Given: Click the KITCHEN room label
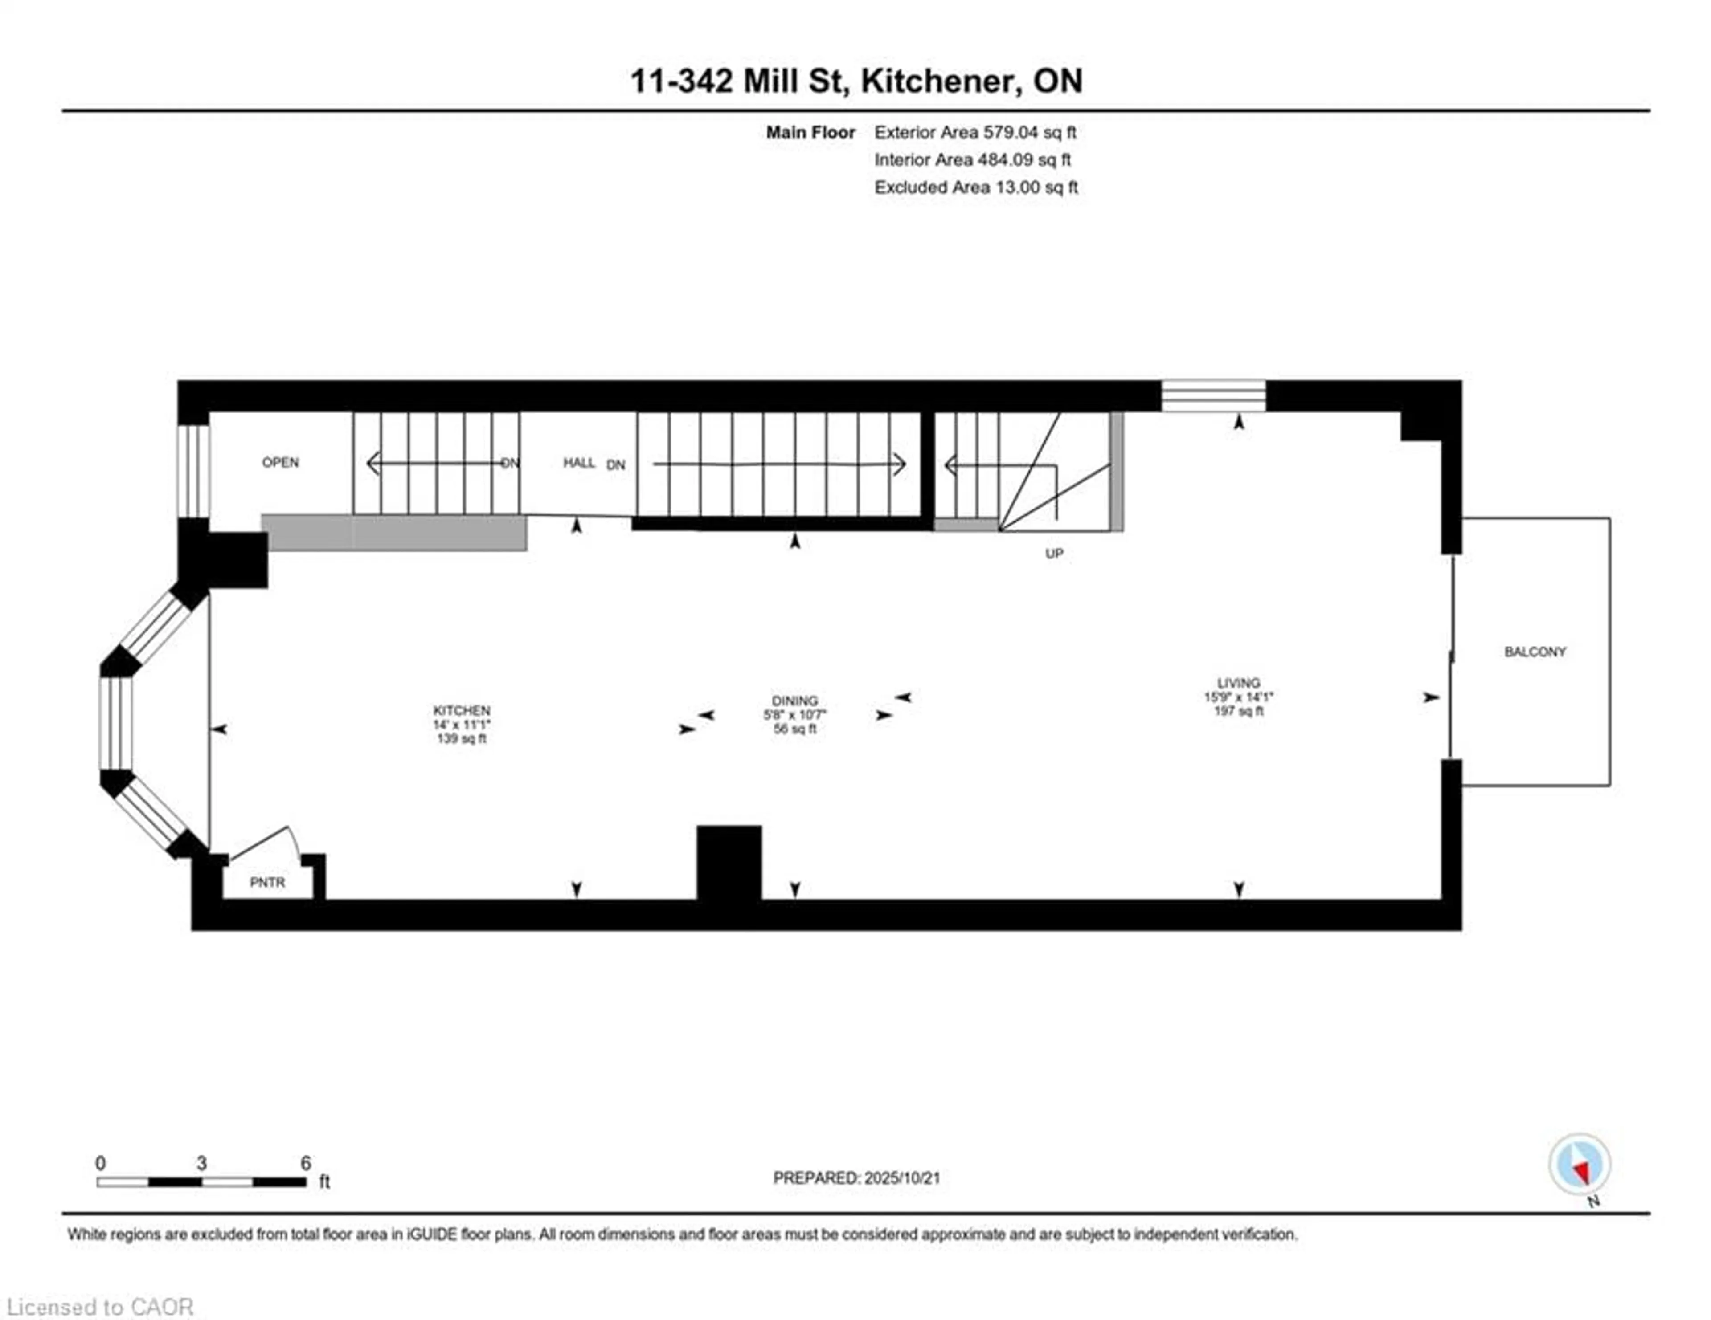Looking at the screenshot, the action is coord(462,710).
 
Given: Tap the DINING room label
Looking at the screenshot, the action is coord(794,701).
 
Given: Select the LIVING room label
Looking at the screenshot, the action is coord(1239,683).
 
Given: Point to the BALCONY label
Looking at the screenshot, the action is coord(1535,652).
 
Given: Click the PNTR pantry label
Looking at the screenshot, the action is coord(267,882).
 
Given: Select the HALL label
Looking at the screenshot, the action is coord(579,463).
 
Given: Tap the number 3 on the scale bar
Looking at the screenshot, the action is coord(201,1163).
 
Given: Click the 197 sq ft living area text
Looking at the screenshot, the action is coord(1239,711).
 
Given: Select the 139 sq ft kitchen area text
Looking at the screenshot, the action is coord(462,738).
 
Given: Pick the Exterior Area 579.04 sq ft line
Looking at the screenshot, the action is coord(975,132).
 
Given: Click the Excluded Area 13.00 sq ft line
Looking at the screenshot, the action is coord(976,187).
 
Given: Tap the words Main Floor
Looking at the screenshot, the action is coord(811,132).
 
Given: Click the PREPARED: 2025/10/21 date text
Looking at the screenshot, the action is coord(856,1177).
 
